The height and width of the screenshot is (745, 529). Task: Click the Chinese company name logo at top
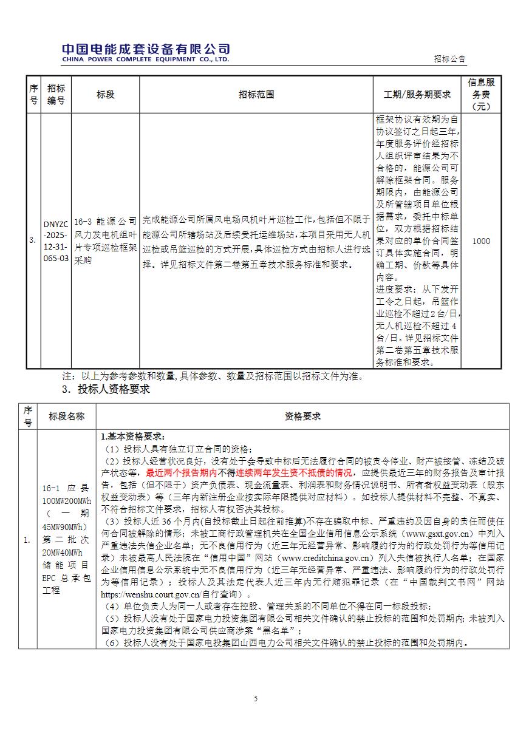(146, 49)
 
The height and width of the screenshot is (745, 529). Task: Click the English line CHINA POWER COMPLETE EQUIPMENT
(145, 60)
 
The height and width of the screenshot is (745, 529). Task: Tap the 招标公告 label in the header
(450, 59)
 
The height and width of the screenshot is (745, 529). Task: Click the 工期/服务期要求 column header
(417, 95)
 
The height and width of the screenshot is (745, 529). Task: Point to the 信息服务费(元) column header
(481, 95)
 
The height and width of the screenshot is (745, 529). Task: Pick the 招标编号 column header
(56, 95)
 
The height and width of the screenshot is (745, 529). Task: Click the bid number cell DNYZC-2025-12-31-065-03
(56, 241)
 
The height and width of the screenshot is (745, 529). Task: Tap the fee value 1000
(481, 241)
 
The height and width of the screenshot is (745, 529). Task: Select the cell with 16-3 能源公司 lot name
(105, 241)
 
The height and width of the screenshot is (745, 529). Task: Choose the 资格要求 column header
(302, 417)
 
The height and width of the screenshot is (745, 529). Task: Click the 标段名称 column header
(67, 417)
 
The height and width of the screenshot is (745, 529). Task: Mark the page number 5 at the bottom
(256, 699)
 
